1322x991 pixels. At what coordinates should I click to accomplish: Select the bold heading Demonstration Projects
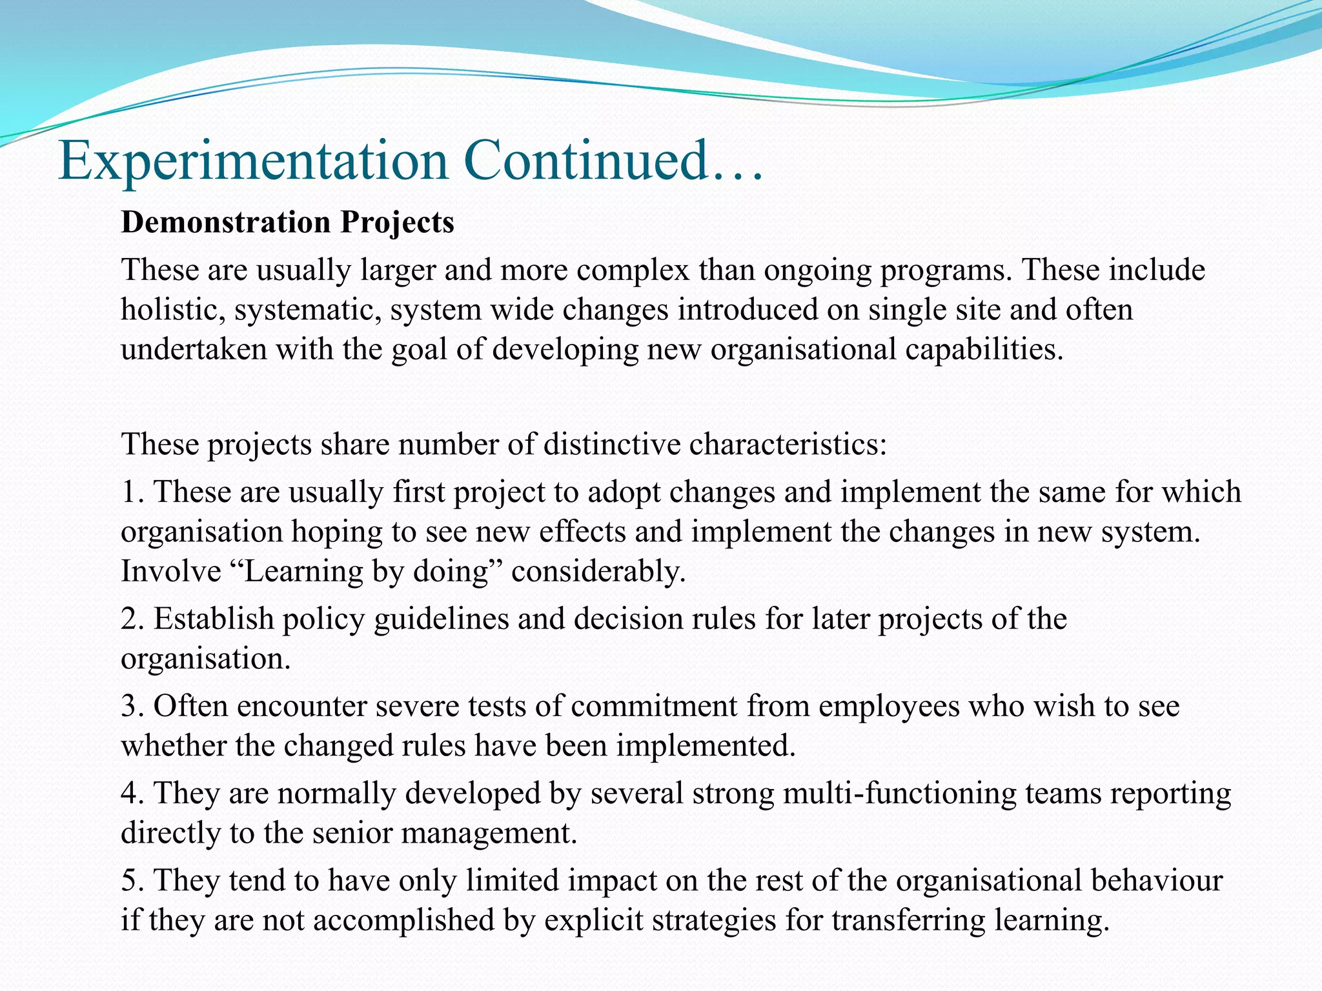point(287,223)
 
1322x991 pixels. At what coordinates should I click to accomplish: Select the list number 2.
point(130,619)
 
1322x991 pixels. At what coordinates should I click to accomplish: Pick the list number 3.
point(130,706)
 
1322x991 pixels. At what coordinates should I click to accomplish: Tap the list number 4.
point(130,794)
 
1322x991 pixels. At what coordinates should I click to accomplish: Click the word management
point(489,834)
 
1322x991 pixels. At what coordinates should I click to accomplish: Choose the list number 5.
point(130,881)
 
